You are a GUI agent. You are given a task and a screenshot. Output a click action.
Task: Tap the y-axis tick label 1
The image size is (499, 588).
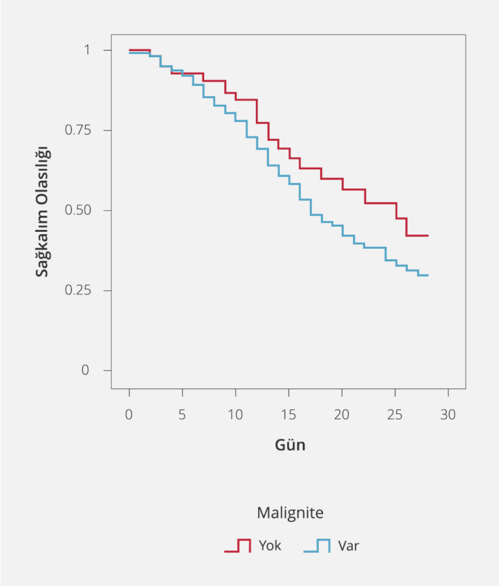click(x=88, y=51)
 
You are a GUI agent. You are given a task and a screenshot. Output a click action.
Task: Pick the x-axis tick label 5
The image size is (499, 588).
click(x=183, y=415)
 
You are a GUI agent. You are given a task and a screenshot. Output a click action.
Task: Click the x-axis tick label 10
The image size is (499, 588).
click(x=235, y=415)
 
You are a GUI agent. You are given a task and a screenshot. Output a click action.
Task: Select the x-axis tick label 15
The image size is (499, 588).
click(x=288, y=415)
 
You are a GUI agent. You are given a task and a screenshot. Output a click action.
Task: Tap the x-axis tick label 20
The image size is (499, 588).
click(x=342, y=415)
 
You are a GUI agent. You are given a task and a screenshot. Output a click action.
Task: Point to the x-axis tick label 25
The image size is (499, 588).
click(x=394, y=415)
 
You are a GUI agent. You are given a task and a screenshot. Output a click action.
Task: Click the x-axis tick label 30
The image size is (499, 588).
click(x=448, y=415)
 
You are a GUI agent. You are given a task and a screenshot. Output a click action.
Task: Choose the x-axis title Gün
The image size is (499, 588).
click(x=290, y=446)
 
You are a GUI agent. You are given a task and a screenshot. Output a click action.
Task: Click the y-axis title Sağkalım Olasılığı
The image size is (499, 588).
click(x=43, y=211)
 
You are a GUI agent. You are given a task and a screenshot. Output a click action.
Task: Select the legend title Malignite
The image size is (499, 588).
click(x=290, y=513)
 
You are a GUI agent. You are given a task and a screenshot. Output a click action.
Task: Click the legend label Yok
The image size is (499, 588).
click(x=270, y=546)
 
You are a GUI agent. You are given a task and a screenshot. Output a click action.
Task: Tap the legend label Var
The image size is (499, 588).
click(x=348, y=546)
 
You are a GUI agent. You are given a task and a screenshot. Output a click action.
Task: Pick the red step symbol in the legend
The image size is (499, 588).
click(x=238, y=546)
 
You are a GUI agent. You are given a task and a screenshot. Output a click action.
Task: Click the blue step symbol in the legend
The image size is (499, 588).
click(x=317, y=546)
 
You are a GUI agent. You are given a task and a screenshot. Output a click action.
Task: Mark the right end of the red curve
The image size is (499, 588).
click(x=428, y=235)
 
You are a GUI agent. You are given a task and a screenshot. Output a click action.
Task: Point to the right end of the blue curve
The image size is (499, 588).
click(x=428, y=275)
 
